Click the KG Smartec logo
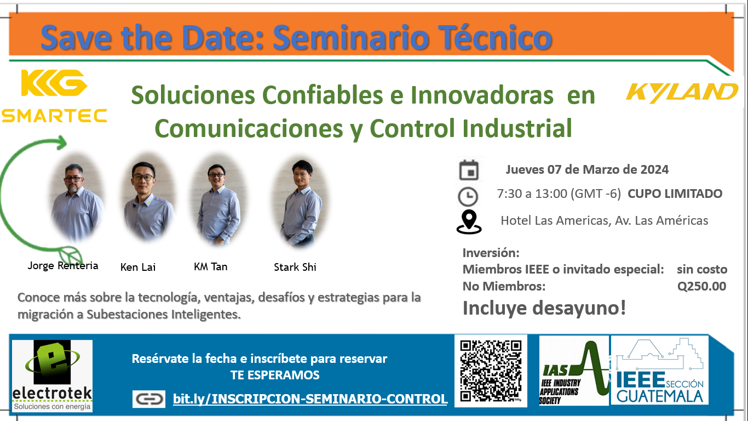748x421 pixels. click(54, 96)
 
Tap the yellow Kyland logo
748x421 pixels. click(682, 93)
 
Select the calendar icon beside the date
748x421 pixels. click(469, 170)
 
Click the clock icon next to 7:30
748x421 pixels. click(468, 196)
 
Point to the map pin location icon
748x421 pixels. click(469, 221)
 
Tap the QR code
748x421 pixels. click(491, 371)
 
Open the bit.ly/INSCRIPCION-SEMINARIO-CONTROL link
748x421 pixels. click(310, 399)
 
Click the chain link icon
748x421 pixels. click(149, 399)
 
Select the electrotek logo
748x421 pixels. click(52, 376)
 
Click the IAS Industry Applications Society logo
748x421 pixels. click(573, 371)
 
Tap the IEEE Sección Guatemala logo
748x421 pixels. click(659, 370)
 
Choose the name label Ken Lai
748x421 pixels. click(138, 267)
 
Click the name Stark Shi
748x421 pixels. click(295, 267)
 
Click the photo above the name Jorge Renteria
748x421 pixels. click(77, 197)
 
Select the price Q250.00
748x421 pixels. click(701, 286)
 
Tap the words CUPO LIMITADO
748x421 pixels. click(675, 194)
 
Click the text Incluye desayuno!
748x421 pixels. click(544, 308)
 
